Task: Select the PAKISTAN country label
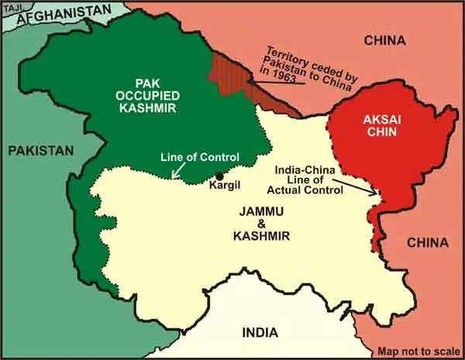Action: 41,149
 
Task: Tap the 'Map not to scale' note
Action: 417,350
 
